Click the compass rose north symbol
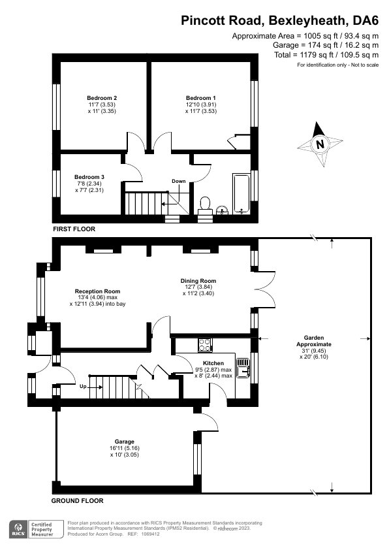319,144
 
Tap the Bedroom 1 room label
202,97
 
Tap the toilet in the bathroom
204,205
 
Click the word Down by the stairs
179,181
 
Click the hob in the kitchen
204,344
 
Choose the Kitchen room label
213,363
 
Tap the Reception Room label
98,291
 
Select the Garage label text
125,442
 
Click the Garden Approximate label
314,340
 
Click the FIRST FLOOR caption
74,229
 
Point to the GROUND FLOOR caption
77,501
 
